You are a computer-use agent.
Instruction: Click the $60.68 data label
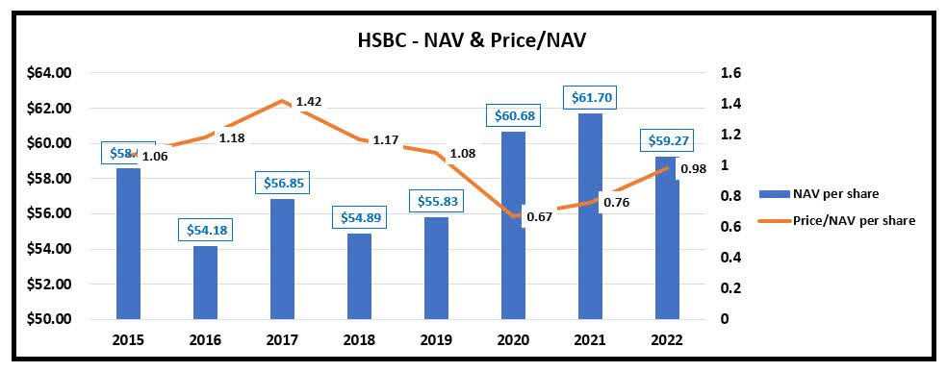(513, 115)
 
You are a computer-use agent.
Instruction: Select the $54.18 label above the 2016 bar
(206, 230)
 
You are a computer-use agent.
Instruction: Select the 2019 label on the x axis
(436, 342)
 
